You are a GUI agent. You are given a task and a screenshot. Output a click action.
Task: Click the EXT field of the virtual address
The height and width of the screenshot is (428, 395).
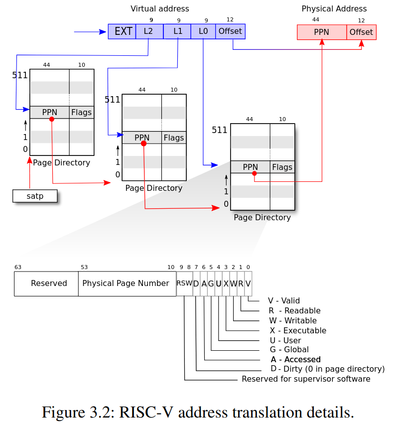tap(122, 31)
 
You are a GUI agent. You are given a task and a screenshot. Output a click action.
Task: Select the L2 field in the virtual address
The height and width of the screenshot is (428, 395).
tap(149, 31)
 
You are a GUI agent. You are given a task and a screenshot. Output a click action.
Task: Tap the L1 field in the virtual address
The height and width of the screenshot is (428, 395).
tap(177, 31)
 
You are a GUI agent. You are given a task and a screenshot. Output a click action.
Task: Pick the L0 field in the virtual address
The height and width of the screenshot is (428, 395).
tap(203, 31)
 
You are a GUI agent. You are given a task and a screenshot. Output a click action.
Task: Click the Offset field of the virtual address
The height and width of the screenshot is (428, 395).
tap(230, 31)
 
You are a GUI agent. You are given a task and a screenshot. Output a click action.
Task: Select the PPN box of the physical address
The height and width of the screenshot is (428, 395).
tap(321, 32)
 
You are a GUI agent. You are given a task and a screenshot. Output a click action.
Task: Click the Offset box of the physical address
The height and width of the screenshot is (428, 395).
tap(361, 32)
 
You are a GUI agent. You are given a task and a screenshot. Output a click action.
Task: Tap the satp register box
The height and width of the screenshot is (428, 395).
tap(35, 196)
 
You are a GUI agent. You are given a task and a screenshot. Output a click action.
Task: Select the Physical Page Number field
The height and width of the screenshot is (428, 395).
tap(126, 284)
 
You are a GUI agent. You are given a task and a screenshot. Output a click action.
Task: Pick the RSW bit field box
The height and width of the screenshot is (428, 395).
tap(184, 284)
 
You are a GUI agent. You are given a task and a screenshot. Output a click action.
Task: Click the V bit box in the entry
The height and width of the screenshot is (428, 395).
tap(248, 284)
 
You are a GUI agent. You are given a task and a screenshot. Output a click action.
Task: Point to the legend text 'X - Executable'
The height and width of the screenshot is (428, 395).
tap(298, 330)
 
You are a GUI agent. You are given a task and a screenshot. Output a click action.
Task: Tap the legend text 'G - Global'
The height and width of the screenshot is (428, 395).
tap(289, 350)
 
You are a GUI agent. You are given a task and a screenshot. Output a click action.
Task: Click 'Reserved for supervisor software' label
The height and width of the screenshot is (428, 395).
tap(306, 379)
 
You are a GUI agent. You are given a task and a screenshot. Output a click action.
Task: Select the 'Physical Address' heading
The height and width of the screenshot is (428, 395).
tap(334, 9)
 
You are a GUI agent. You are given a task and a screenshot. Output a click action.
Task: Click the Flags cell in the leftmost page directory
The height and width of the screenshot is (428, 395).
tap(81, 113)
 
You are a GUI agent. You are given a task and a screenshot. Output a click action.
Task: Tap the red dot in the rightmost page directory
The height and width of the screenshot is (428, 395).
tap(255, 173)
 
